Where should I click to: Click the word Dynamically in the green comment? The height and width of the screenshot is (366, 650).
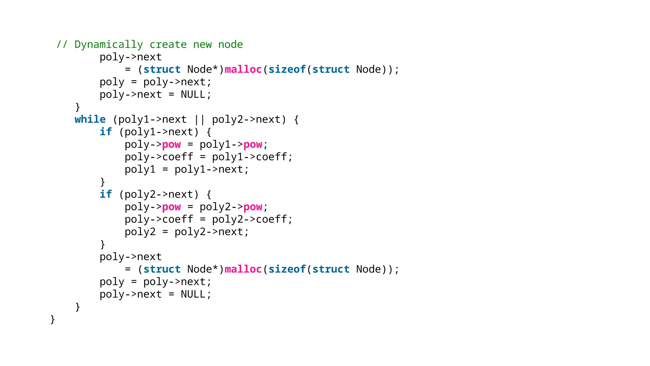pyautogui.click(x=109, y=44)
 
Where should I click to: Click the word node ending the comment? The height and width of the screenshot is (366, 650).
pyautogui.click(x=230, y=44)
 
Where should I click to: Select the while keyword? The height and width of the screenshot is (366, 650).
pyautogui.click(x=90, y=119)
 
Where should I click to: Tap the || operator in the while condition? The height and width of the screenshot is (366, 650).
pyautogui.click(x=200, y=119)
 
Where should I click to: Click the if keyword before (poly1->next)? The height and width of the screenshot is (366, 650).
pyautogui.click(x=106, y=132)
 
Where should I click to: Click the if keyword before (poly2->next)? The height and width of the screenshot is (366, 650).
pyautogui.click(x=106, y=194)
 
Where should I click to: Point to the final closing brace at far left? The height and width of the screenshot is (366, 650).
pyautogui.click(x=53, y=319)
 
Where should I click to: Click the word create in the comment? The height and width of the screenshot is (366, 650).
pyautogui.click(x=168, y=44)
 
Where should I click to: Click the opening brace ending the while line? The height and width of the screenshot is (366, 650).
pyautogui.click(x=296, y=119)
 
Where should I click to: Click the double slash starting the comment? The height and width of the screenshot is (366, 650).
pyautogui.click(x=62, y=44)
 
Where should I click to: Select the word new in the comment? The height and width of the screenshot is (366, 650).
pyautogui.click(x=202, y=44)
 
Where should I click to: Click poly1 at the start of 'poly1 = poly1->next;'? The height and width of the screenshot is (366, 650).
pyautogui.click(x=140, y=169)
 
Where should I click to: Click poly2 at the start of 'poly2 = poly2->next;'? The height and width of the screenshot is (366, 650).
pyautogui.click(x=140, y=232)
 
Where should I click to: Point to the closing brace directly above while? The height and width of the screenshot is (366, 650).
pyautogui.click(x=78, y=107)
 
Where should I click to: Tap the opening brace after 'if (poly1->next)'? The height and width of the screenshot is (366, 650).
pyautogui.click(x=209, y=132)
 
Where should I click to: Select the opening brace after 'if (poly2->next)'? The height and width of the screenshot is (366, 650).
pyautogui.click(x=209, y=194)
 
